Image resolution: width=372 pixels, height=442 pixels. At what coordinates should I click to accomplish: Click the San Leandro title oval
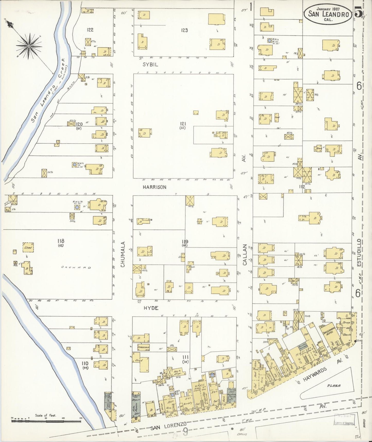328,14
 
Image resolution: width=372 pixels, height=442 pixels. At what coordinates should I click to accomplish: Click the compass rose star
29,46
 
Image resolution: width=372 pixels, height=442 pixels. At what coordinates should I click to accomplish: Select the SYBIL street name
151,65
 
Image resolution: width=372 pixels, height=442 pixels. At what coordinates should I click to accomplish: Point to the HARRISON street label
154,187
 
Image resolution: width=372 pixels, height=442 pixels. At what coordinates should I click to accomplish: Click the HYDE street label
151,308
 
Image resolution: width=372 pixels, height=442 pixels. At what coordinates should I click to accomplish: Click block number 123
184,30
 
